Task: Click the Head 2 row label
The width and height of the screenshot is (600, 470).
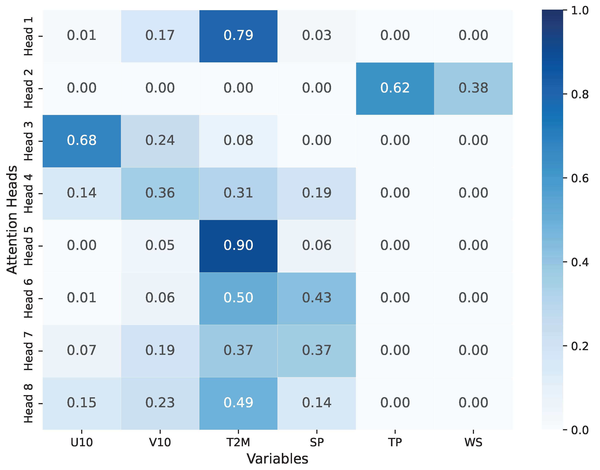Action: click(28, 89)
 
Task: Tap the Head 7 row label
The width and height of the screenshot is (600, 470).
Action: click(28, 351)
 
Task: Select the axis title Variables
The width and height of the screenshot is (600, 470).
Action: click(277, 459)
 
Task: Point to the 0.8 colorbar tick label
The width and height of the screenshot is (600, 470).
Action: click(580, 95)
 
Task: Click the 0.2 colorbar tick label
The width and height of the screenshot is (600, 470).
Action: click(580, 346)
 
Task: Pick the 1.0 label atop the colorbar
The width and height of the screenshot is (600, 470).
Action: click(580, 11)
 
